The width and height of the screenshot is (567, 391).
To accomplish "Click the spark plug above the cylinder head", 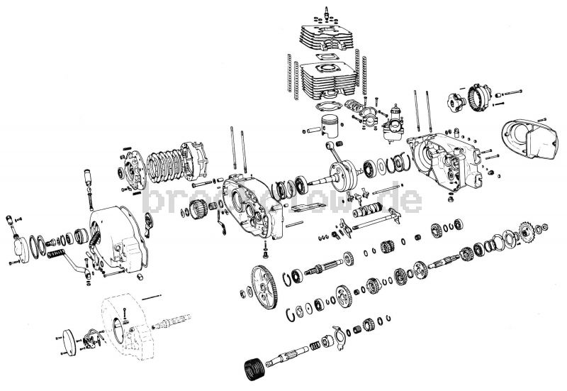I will click(x=327, y=12).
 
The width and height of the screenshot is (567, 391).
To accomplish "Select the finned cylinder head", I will click(x=327, y=39).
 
